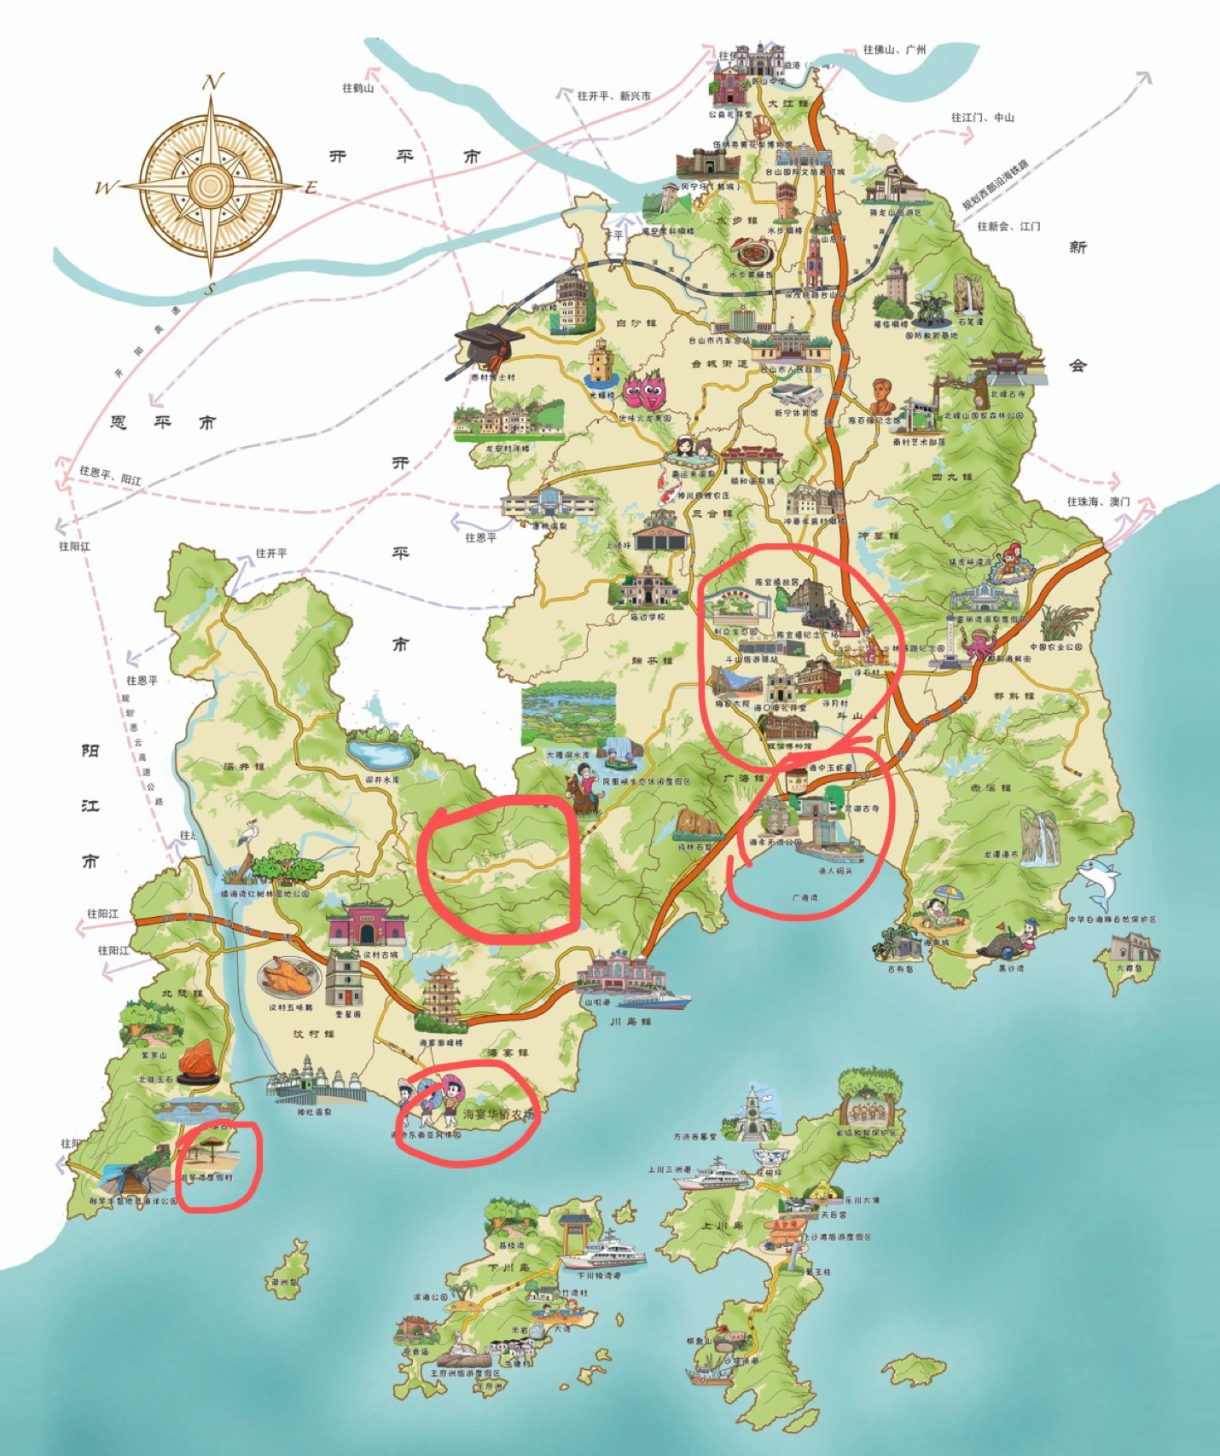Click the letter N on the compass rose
(212, 82)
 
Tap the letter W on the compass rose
(106, 188)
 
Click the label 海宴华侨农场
(497, 1114)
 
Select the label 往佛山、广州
(893, 49)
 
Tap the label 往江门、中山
(983, 117)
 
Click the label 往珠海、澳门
(1098, 502)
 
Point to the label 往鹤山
(357, 88)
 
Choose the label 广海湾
(804, 897)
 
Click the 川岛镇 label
(630, 1021)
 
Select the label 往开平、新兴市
(613, 96)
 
